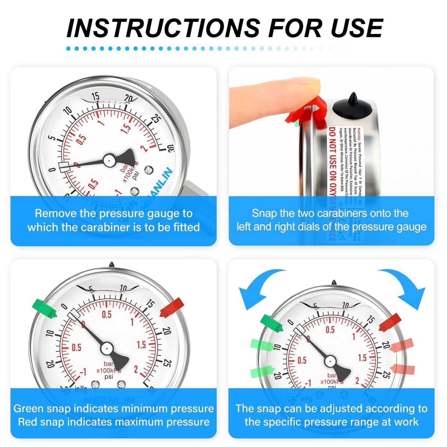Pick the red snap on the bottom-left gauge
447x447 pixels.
tap(172, 307)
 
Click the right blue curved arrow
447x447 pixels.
tap(405, 286)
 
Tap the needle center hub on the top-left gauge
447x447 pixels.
tap(109, 160)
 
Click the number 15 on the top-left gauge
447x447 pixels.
tap(96, 97)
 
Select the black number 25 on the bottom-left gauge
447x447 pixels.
tap(167, 363)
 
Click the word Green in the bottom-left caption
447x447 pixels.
tap(28, 408)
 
